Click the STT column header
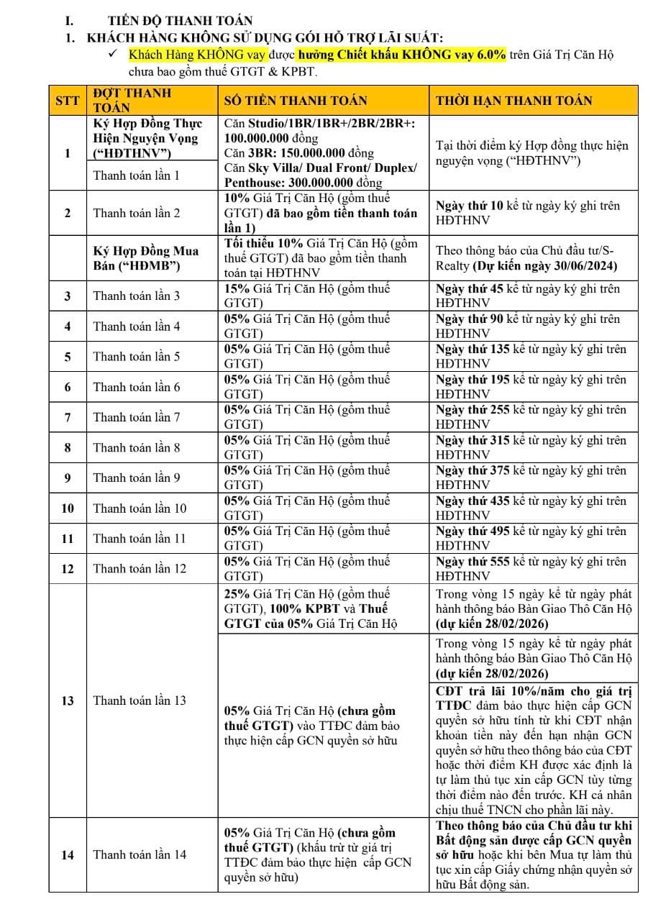[67, 101]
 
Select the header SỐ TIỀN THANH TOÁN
[296, 101]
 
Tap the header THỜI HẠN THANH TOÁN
[513, 101]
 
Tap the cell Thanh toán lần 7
[137, 417]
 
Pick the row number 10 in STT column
[67, 508]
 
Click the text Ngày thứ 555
[472, 562]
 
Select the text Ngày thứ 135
[472, 350]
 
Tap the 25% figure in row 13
[237, 594]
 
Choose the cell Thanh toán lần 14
[140, 854]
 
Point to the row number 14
[67, 854]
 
